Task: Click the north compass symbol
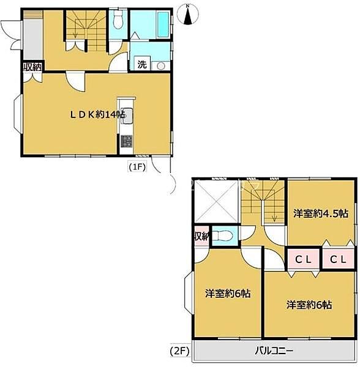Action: pyautogui.click(x=187, y=15)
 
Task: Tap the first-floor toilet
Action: pyautogui.click(x=118, y=20)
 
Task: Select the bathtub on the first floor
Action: pyautogui.click(x=163, y=24)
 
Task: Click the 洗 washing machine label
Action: pyautogui.click(x=142, y=64)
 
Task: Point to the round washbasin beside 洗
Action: pyautogui.click(x=160, y=66)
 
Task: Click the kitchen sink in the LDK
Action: pyautogui.click(x=127, y=116)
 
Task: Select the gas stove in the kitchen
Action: pyautogui.click(x=127, y=142)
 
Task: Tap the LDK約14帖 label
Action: pyautogui.click(x=98, y=115)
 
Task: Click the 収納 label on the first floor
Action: pyautogui.click(x=32, y=67)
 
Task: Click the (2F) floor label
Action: pyautogui.click(x=179, y=351)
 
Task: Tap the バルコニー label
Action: pyautogui.click(x=274, y=351)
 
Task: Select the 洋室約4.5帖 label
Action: pyautogui.click(x=321, y=213)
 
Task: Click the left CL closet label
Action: pyautogui.click(x=303, y=259)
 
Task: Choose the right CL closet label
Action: pyautogui.click(x=338, y=259)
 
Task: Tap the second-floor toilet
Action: pyautogui.click(x=225, y=235)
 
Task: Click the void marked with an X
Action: pyautogui.click(x=216, y=201)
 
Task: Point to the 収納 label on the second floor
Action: pyautogui.click(x=201, y=237)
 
